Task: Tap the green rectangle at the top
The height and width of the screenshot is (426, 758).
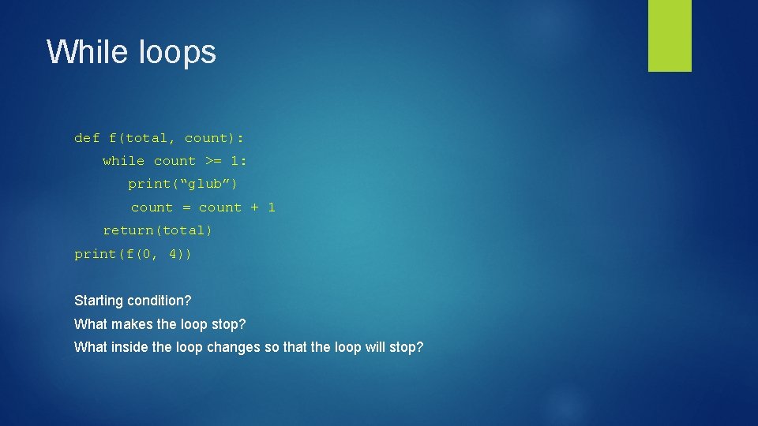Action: pyautogui.click(x=670, y=35)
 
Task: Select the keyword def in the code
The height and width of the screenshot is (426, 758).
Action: pyautogui.click(x=87, y=138)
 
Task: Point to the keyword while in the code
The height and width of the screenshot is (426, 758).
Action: pyautogui.click(x=124, y=161)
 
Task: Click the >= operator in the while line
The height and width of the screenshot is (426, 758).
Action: pyautogui.click(x=213, y=161)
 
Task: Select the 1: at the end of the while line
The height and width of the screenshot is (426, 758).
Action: pyautogui.click(x=239, y=161)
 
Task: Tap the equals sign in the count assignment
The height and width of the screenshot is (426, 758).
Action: pyautogui.click(x=186, y=207)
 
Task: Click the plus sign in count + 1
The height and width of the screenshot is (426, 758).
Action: pyautogui.click(x=255, y=207)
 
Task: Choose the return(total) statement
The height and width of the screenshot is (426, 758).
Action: pyautogui.click(x=158, y=230)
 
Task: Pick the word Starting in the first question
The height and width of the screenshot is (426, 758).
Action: pyautogui.click(x=99, y=301)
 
